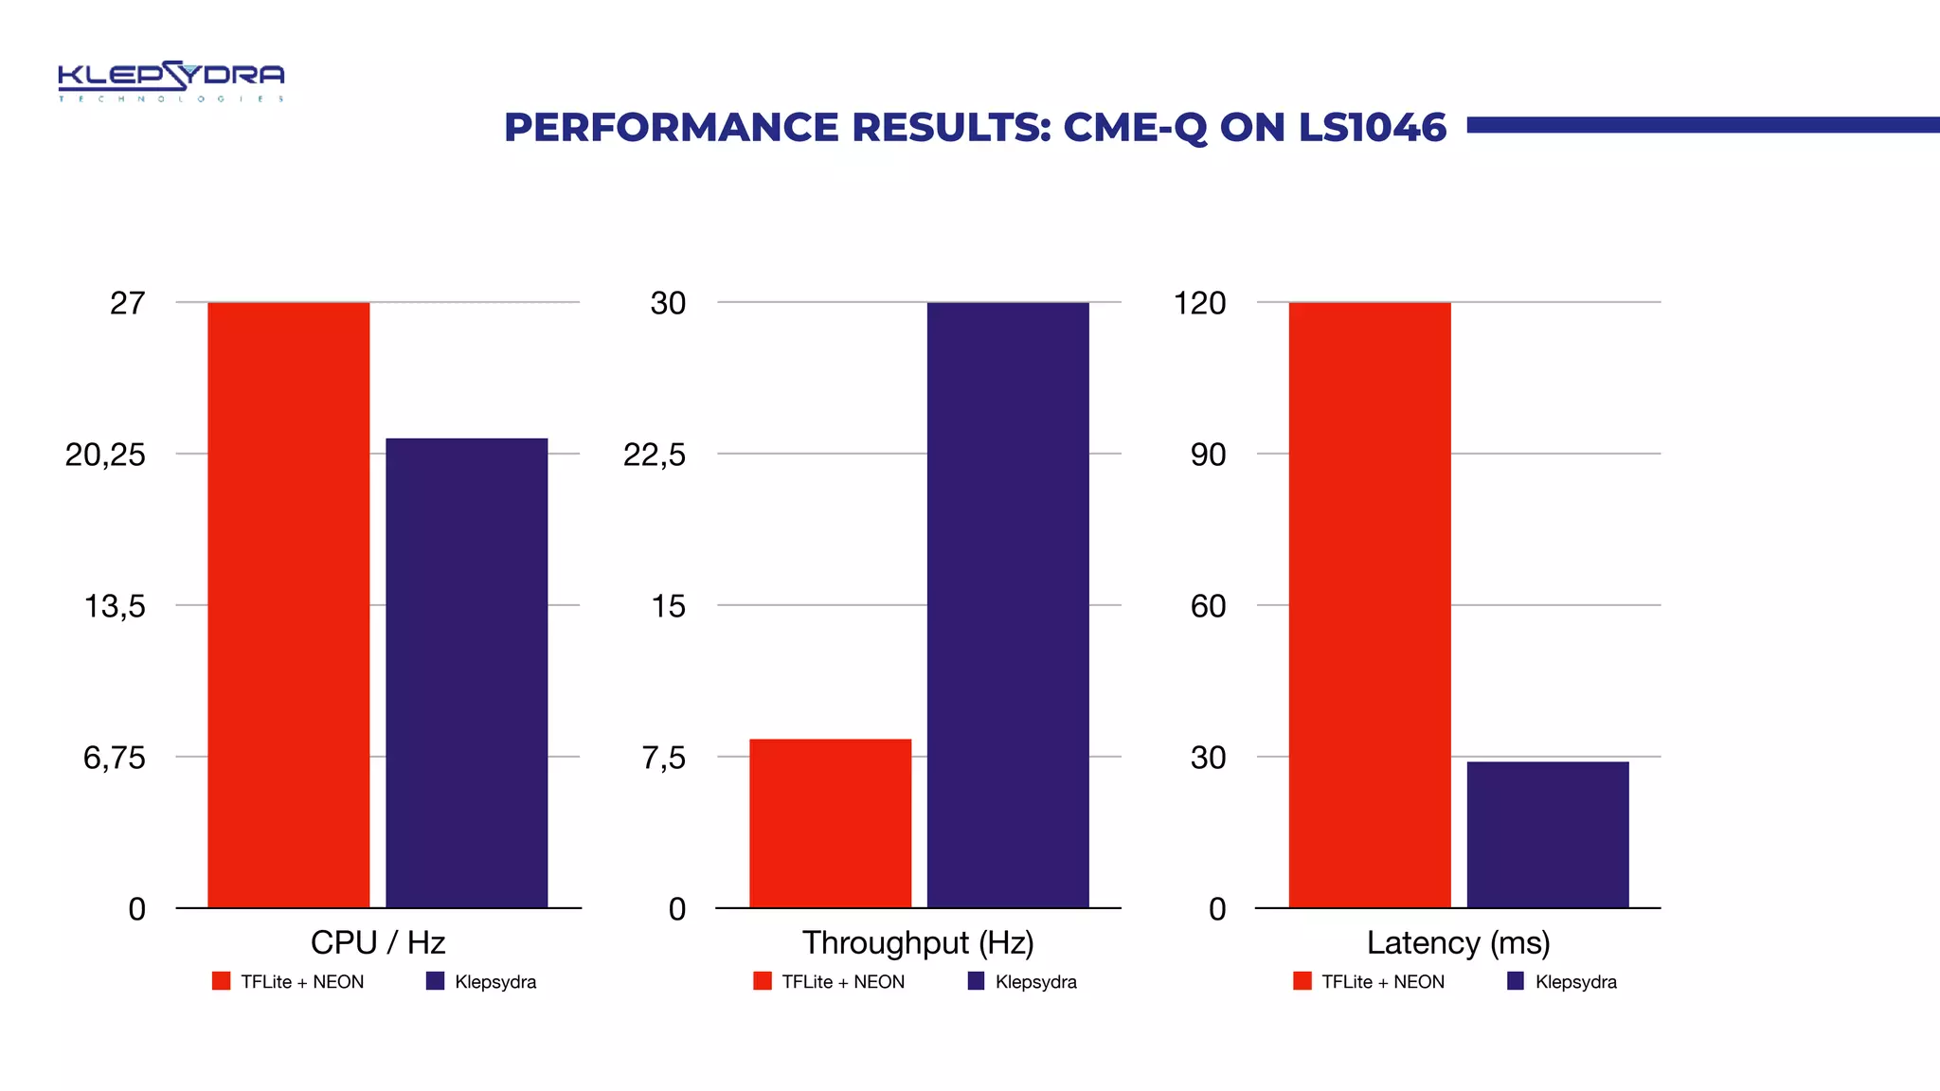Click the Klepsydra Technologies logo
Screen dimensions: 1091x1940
(x=171, y=80)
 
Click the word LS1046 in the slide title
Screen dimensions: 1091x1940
(x=1372, y=128)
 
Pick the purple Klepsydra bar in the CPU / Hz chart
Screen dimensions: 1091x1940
(x=466, y=672)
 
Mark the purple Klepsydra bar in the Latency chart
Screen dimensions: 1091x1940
(x=1548, y=833)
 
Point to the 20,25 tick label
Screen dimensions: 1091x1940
(x=105, y=455)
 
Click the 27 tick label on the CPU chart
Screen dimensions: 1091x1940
(x=128, y=303)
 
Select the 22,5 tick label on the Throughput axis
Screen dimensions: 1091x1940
(x=655, y=455)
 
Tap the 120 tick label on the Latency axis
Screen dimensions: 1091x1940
(x=1199, y=303)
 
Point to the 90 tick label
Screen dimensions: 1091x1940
(x=1208, y=455)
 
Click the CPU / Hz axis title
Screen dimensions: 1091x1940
(x=378, y=942)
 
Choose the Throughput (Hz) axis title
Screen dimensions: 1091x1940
(x=918, y=942)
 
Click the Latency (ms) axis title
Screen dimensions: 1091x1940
(x=1458, y=942)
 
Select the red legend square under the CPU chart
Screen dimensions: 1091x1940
(x=221, y=981)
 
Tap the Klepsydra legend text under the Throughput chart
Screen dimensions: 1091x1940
(x=1035, y=982)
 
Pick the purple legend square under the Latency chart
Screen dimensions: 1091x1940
(x=1516, y=981)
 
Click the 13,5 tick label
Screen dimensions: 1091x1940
(x=115, y=606)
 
